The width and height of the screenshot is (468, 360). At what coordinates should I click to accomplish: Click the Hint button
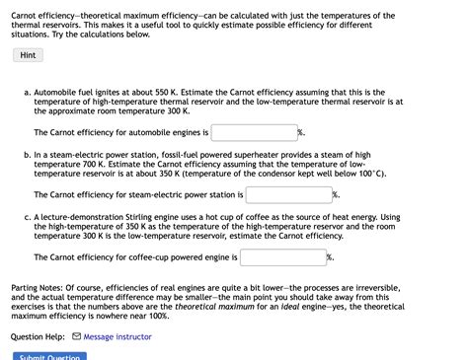(x=28, y=55)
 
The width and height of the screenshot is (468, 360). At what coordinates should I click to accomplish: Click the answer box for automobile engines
(x=254, y=131)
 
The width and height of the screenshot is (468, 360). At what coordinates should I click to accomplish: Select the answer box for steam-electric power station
(x=287, y=194)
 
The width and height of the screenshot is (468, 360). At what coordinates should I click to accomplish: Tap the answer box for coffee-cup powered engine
(x=282, y=257)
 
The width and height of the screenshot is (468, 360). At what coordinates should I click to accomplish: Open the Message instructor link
(x=117, y=336)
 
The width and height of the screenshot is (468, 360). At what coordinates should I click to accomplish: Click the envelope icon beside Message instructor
(x=77, y=336)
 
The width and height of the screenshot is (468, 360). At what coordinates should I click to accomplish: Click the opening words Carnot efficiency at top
(x=44, y=16)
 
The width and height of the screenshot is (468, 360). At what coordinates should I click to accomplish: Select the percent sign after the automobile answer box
(x=300, y=132)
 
